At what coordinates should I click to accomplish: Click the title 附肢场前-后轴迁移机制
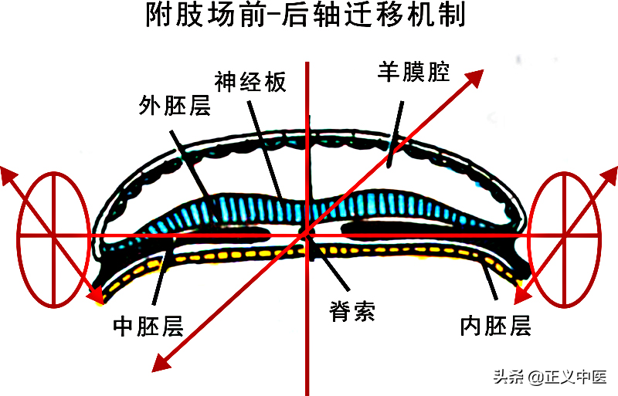coord(306,15)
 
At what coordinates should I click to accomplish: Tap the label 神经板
coord(250,83)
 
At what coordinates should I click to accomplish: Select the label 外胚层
coord(175,106)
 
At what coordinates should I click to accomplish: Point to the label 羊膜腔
coord(413,72)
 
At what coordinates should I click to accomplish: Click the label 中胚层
coord(148,326)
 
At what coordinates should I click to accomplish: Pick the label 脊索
coord(352,311)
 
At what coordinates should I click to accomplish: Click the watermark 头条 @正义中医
coord(550,377)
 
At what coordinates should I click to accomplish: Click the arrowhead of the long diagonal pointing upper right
coord(474,77)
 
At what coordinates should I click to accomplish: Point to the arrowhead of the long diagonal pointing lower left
coord(161,363)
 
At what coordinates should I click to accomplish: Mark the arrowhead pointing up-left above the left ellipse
coord(9,174)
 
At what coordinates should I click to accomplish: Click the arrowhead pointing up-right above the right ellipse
coord(609,176)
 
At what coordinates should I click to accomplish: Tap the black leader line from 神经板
coord(265,149)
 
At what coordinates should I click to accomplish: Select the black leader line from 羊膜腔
coord(396,134)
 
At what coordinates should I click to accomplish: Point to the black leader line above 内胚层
coord(489,279)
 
